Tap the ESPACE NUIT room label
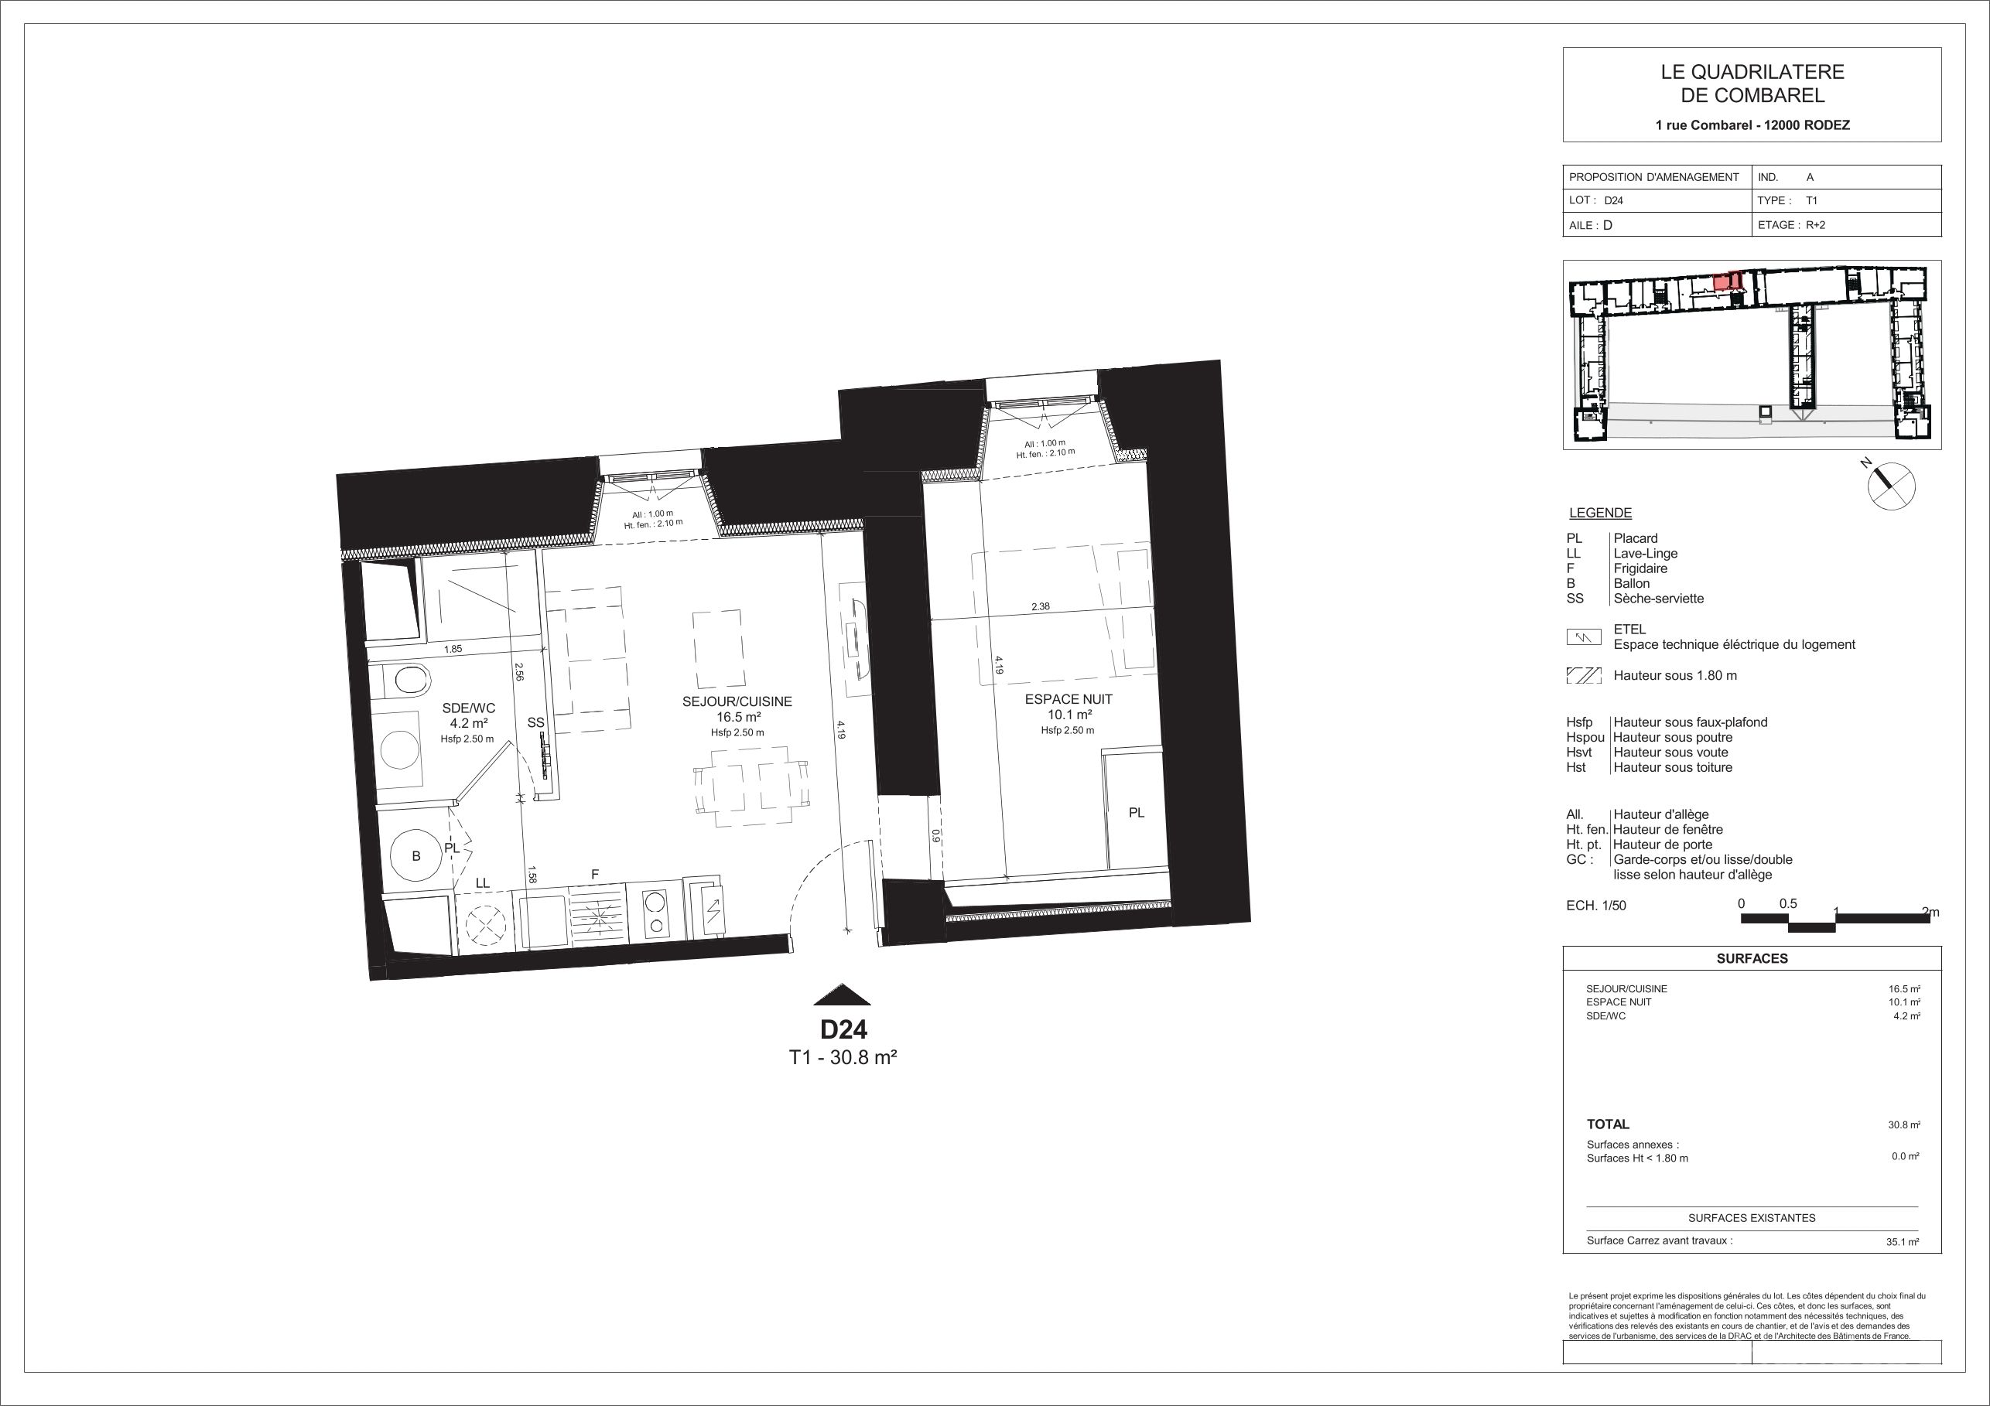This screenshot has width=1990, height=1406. (x=1068, y=699)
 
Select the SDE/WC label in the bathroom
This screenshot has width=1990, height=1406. (x=468, y=708)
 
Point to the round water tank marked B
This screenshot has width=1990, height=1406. (x=417, y=857)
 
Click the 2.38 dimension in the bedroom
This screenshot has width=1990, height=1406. (x=1040, y=607)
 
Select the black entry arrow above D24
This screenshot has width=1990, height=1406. (x=839, y=995)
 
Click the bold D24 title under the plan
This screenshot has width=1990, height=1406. (x=843, y=1030)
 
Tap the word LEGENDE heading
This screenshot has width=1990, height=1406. (x=1600, y=513)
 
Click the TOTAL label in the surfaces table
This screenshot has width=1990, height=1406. (x=1608, y=1124)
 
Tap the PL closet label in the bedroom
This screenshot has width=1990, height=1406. (x=1137, y=813)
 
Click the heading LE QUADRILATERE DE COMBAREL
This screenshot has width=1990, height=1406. (x=1752, y=84)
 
